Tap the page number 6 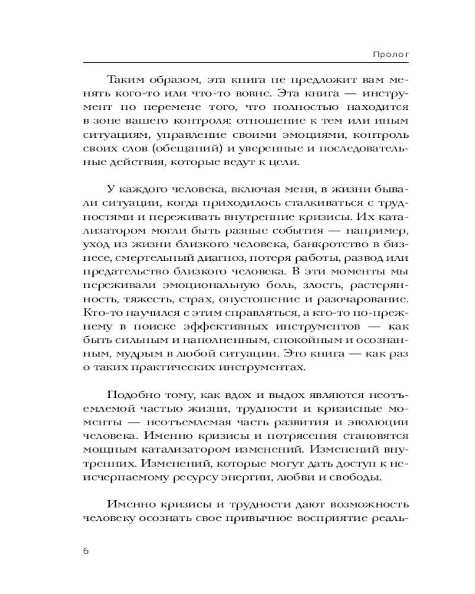coord(86,550)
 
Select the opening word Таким coord(126,80)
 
